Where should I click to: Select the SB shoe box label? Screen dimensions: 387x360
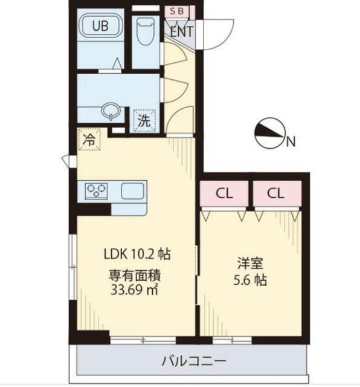[178, 10]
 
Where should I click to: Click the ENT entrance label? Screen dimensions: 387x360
[181, 31]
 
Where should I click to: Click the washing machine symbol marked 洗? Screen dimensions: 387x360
[144, 120]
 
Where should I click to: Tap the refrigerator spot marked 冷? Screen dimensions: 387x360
[89, 138]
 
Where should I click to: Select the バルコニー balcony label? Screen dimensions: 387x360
[193, 362]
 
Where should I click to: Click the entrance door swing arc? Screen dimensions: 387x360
[214, 31]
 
